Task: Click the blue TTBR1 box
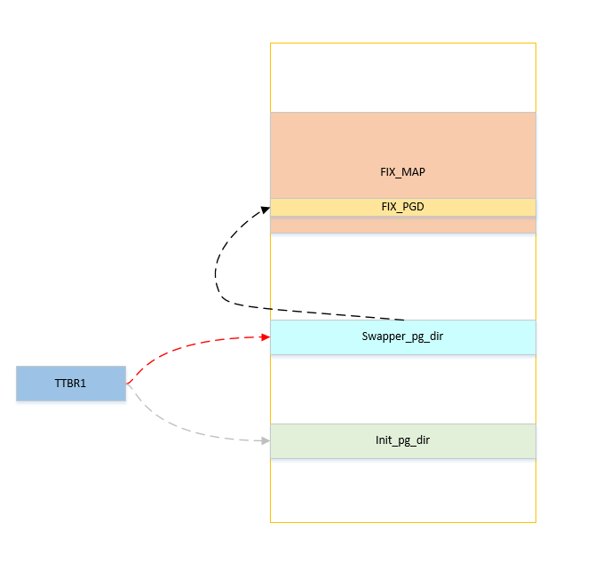point(71,384)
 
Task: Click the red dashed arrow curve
point(178,346)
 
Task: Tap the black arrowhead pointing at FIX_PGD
point(265,209)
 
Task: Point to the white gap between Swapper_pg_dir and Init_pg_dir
point(403,389)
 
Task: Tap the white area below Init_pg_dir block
point(403,490)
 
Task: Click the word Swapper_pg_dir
point(403,337)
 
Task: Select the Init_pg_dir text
point(403,440)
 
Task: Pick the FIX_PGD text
point(403,207)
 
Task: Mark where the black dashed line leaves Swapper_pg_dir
point(404,319)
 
